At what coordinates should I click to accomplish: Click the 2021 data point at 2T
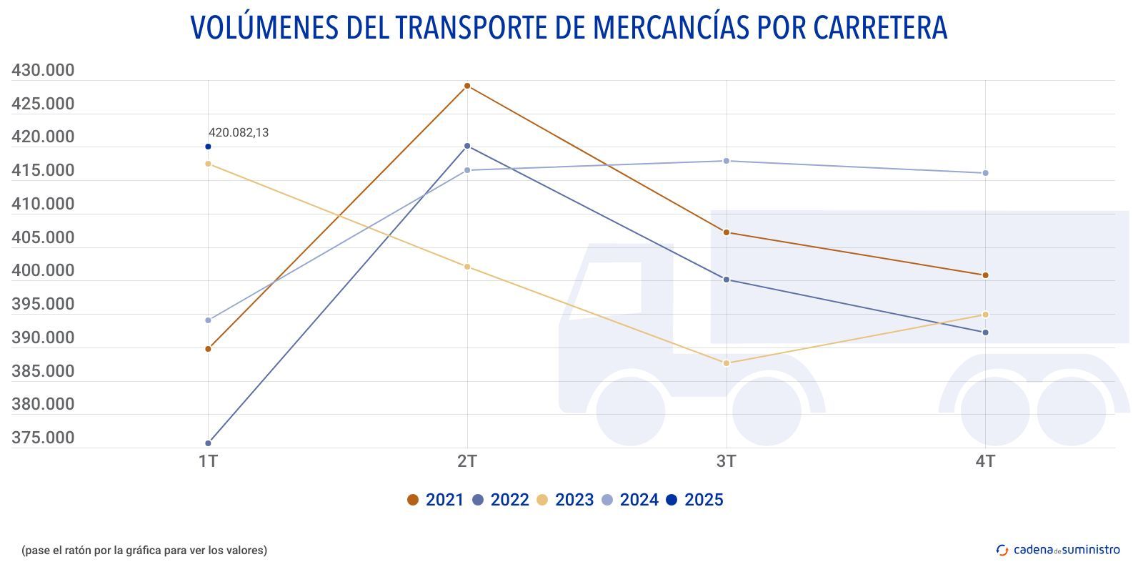(x=467, y=86)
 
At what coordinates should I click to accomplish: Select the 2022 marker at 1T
(x=208, y=443)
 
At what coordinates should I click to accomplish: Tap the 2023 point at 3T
(x=727, y=363)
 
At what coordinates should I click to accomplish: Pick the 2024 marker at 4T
(x=986, y=173)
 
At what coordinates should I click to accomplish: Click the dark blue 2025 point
(x=208, y=147)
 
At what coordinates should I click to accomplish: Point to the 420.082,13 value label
(x=239, y=133)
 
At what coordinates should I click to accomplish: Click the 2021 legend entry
(x=435, y=500)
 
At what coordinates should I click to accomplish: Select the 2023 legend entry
(x=565, y=500)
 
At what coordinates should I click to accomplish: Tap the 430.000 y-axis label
(x=43, y=71)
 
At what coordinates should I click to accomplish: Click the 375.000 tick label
(x=43, y=438)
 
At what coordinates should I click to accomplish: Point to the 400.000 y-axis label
(x=43, y=270)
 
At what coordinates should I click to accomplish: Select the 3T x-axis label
(x=727, y=461)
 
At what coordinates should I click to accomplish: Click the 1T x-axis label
(x=208, y=461)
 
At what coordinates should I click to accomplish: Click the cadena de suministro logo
(x=1058, y=550)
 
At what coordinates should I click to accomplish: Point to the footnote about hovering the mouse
(x=144, y=551)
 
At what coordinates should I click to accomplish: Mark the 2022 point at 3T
(x=727, y=280)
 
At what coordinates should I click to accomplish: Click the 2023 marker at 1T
(x=208, y=164)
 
